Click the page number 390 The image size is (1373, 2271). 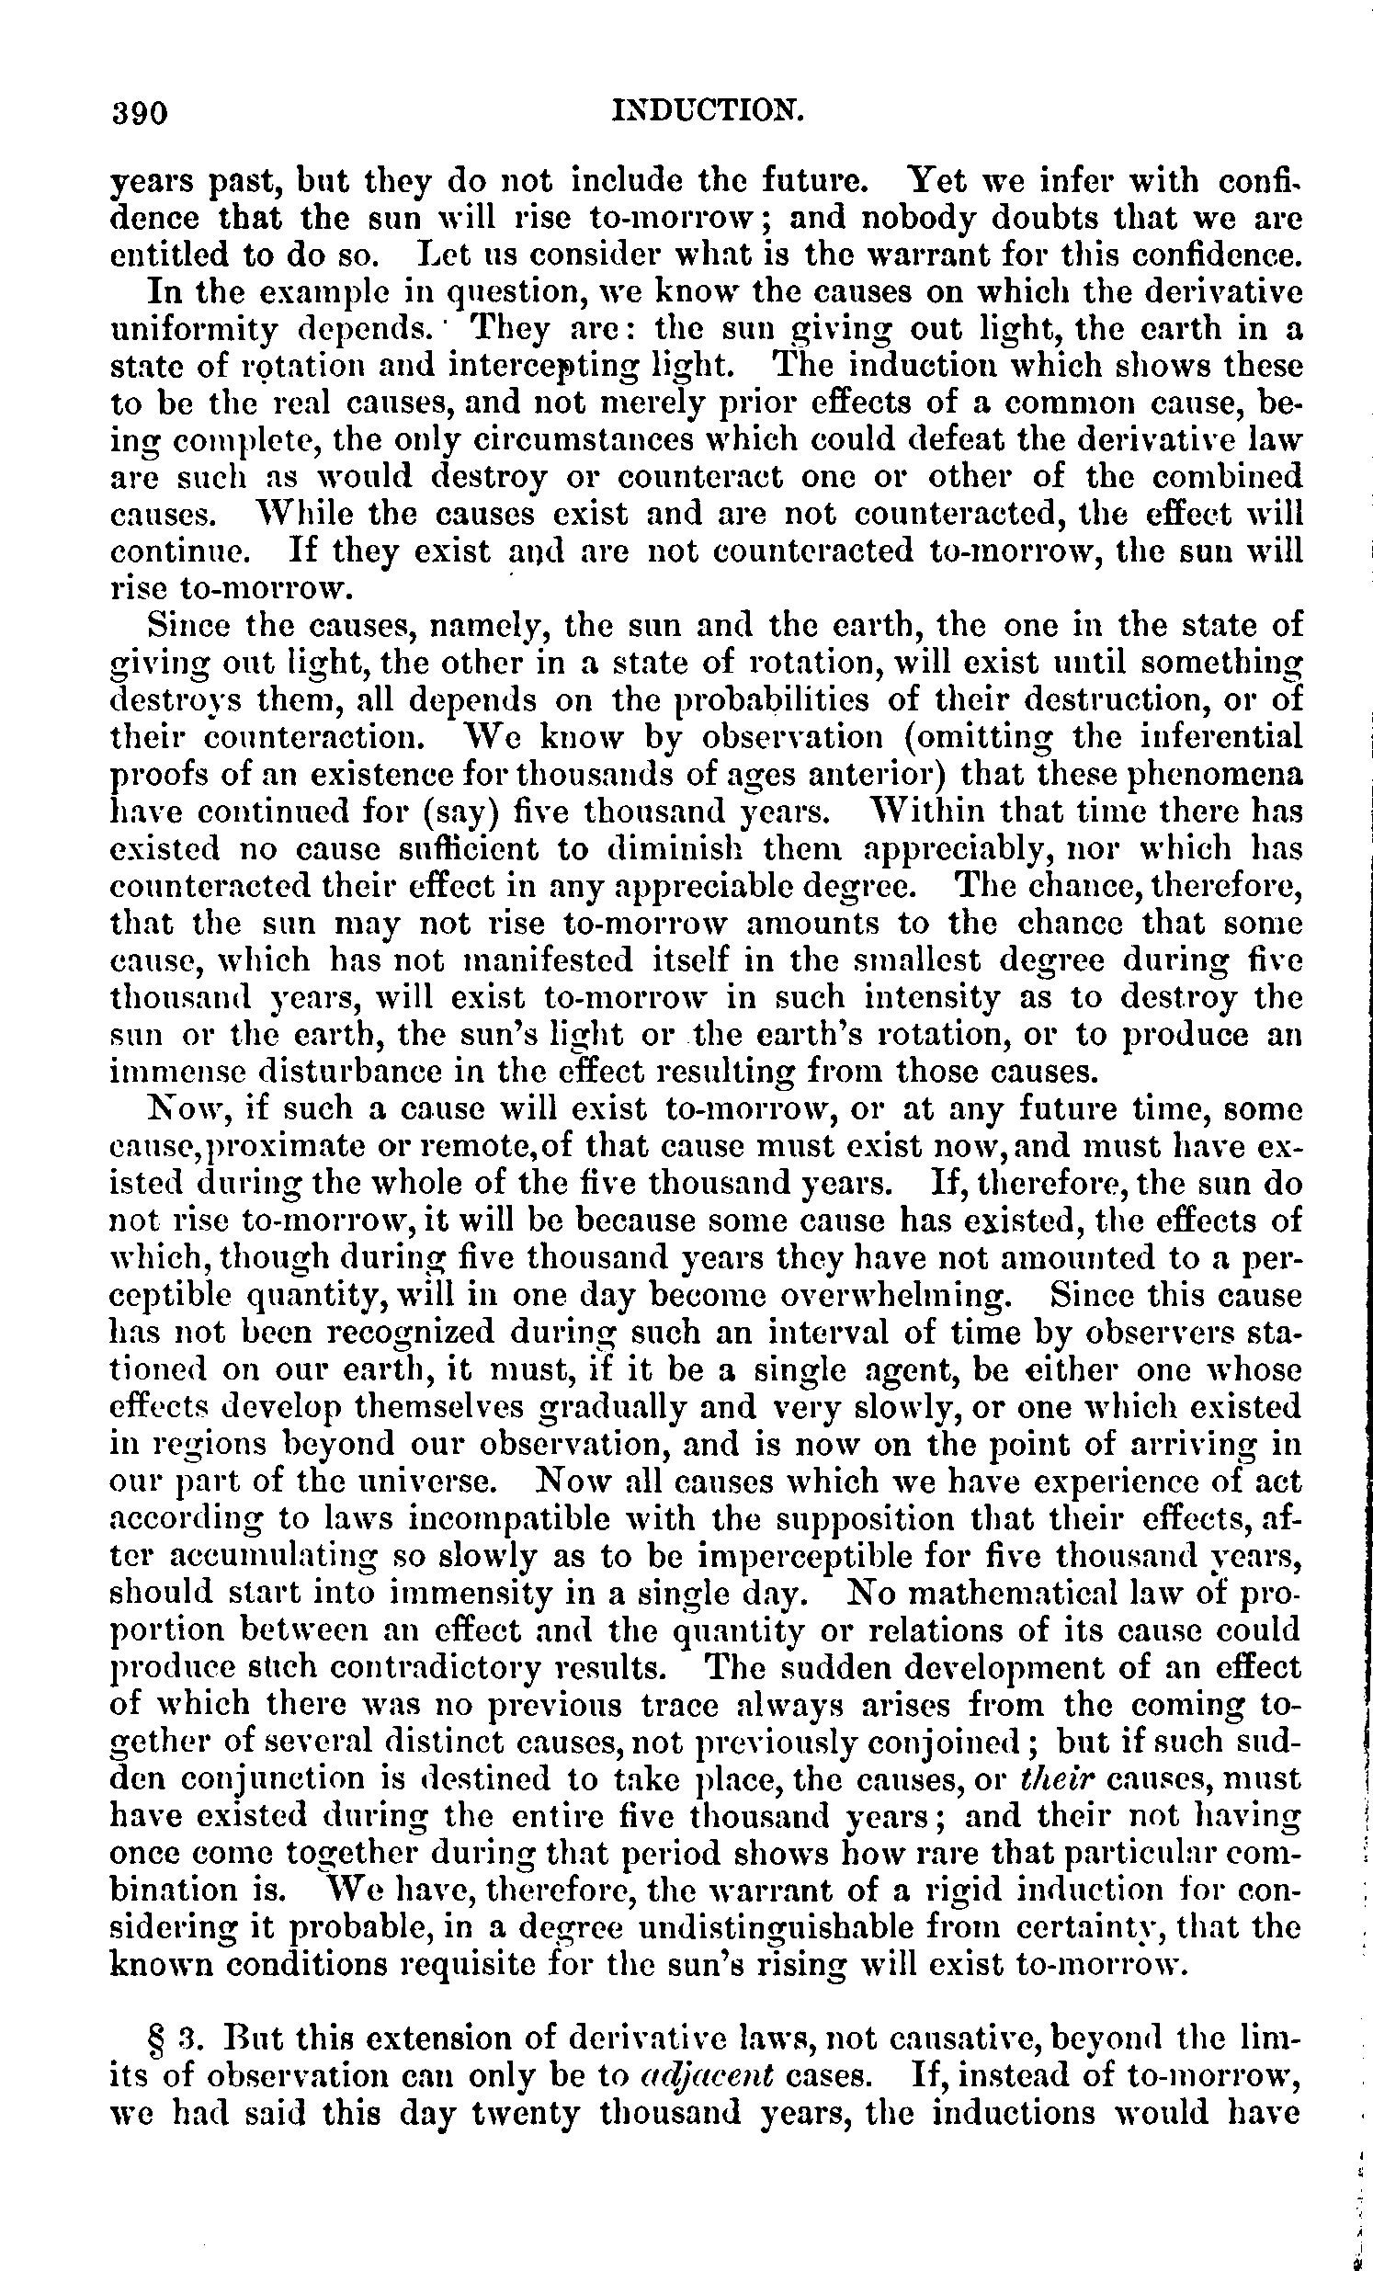(x=139, y=113)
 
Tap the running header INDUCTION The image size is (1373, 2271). (x=708, y=111)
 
